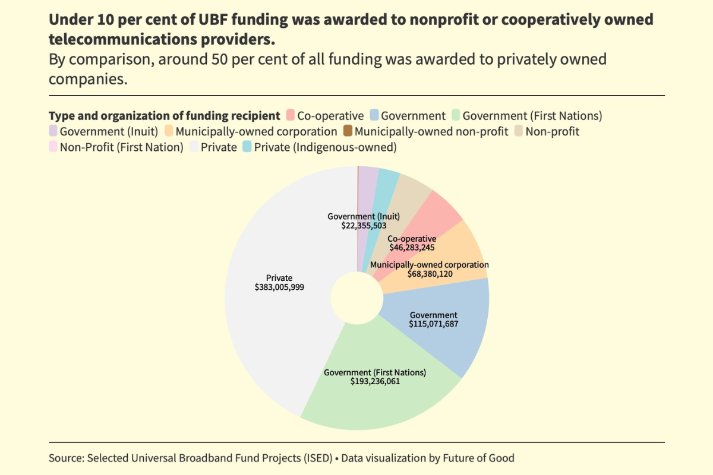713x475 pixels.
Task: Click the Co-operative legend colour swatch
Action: [x=291, y=116]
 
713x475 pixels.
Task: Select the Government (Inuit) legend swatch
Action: [x=53, y=131]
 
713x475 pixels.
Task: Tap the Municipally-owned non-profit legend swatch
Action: [x=348, y=131]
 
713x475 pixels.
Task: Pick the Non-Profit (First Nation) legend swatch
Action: [x=53, y=147]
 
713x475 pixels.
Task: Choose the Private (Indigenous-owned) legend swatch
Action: [x=247, y=147]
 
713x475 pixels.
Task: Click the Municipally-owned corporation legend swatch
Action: [x=169, y=131]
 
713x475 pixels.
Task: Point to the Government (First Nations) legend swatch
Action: [x=456, y=116]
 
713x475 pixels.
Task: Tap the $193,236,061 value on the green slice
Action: [x=375, y=382]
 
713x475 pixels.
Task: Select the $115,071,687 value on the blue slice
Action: [x=434, y=324]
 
